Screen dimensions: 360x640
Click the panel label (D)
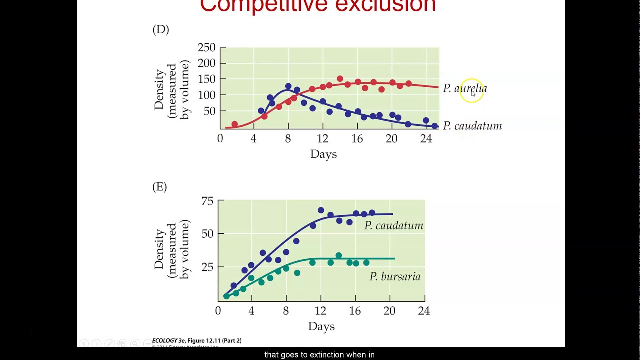[161, 30]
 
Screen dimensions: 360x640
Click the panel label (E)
[160, 187]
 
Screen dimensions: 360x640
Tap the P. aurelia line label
[465, 89]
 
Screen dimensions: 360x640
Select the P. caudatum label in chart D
[472, 126]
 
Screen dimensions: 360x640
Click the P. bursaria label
[395, 277]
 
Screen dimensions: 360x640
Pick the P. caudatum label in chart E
[393, 226]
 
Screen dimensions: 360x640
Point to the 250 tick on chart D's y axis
[206, 48]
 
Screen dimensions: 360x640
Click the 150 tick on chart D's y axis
[206, 79]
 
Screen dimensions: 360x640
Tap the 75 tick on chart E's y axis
[207, 201]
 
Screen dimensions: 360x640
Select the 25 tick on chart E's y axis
[207, 267]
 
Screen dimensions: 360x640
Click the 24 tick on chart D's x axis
[426, 139]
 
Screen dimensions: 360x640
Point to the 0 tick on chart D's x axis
[220, 139]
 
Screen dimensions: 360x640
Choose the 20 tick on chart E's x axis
[389, 311]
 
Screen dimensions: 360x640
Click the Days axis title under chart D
[323, 154]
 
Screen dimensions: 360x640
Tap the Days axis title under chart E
[321, 327]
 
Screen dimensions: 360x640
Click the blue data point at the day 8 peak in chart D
[288, 86]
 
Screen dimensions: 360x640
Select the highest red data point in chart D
[340, 79]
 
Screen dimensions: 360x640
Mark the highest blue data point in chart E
[321, 210]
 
